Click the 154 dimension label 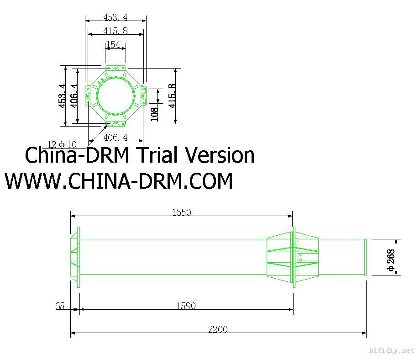tap(113, 45)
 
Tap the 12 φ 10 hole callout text tap(63, 145)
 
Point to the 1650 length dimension tap(181, 212)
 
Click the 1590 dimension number tap(186, 306)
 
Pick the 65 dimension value tap(60, 306)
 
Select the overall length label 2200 tap(218, 329)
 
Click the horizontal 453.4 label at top tap(115, 17)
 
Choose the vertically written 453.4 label tap(62, 95)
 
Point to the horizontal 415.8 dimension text tap(115, 31)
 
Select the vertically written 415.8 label tap(172, 95)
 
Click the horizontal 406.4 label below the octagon tap(115, 137)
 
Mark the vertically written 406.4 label tap(74, 95)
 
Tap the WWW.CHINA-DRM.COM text tap(119, 181)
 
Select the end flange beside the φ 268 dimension tap(365, 257)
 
